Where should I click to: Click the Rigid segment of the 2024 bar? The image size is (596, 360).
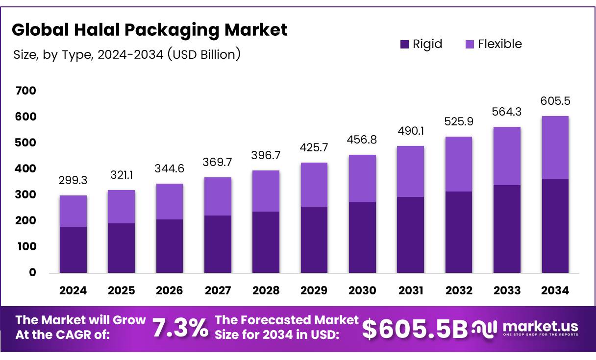click(73, 250)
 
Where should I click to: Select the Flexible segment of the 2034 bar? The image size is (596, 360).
click(555, 147)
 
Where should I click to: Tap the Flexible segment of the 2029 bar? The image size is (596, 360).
click(314, 185)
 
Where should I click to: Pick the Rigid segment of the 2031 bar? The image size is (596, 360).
click(411, 235)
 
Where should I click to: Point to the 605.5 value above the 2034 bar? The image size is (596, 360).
click(555, 101)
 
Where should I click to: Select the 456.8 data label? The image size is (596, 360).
click(362, 140)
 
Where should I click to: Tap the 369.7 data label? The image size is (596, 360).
click(218, 163)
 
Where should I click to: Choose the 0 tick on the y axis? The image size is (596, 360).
click(32, 273)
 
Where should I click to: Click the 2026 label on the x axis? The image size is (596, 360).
click(170, 290)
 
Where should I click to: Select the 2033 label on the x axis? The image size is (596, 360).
click(507, 290)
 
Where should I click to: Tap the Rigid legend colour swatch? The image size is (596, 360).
click(404, 45)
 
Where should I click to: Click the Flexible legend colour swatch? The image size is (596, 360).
click(469, 45)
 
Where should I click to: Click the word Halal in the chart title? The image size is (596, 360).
click(95, 30)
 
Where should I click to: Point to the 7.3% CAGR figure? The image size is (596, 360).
click(180, 328)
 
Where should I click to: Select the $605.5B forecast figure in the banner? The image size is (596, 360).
click(415, 329)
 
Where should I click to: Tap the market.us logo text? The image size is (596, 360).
click(540, 326)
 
